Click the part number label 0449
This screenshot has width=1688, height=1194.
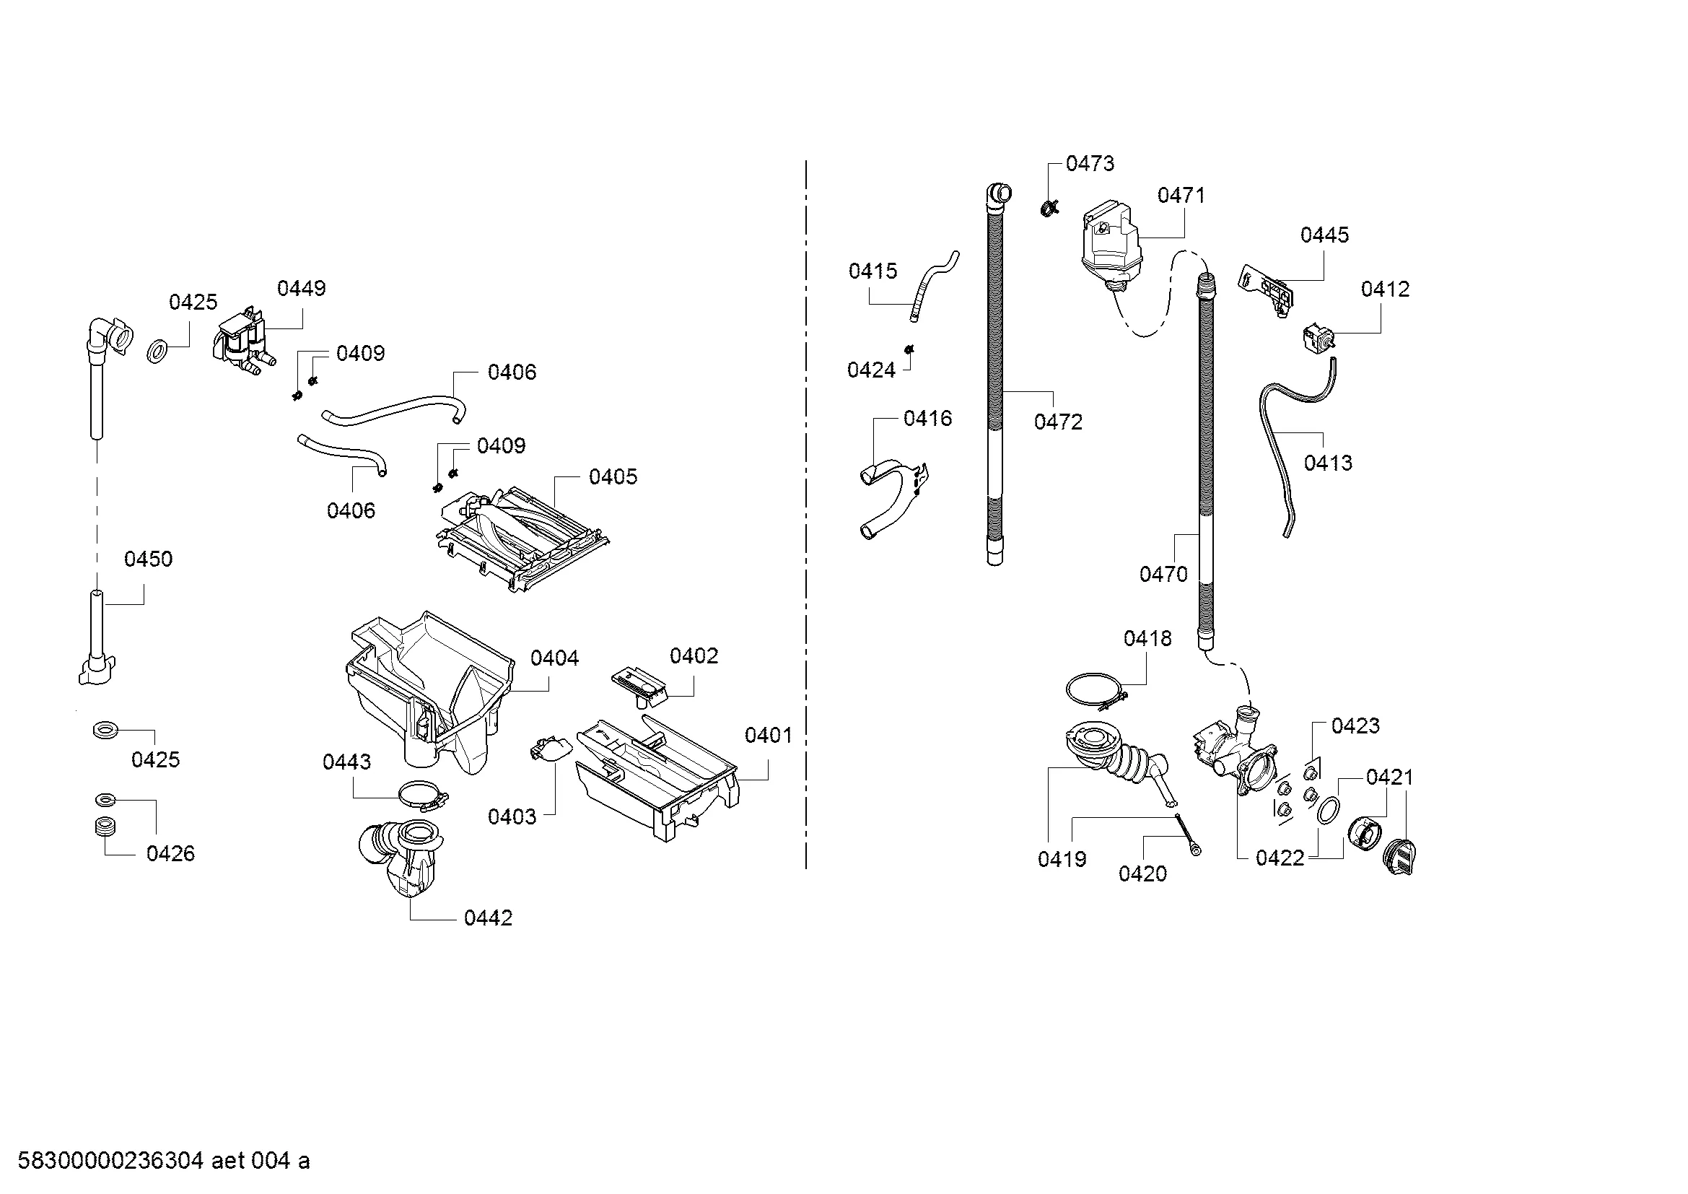coord(302,288)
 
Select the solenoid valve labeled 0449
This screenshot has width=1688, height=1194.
coord(240,344)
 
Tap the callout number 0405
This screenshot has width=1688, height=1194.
coord(613,476)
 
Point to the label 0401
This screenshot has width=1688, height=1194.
coord(769,735)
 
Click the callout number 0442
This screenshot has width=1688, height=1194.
coord(488,918)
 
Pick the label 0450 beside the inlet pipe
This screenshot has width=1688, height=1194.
coord(149,559)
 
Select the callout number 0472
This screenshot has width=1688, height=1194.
coord(1058,422)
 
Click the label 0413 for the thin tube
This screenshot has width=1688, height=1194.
coord(1328,463)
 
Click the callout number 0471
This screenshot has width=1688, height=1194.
coord(1181,195)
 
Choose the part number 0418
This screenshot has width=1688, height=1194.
coord(1147,638)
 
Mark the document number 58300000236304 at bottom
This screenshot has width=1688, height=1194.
coord(110,1161)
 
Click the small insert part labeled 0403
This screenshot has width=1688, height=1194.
coord(549,751)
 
